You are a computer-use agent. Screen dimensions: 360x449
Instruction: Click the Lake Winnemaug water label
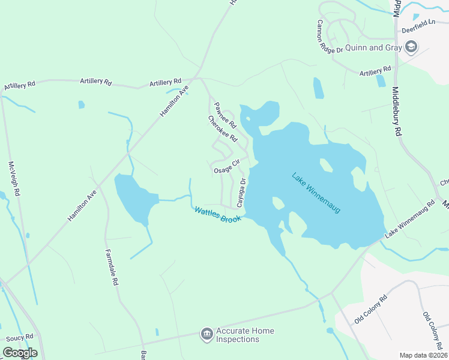click(x=316, y=193)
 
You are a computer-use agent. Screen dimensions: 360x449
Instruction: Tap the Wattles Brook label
click(x=217, y=214)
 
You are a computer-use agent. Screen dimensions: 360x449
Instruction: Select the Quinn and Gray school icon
click(x=411, y=47)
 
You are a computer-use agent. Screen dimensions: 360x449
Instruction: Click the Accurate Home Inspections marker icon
click(x=207, y=334)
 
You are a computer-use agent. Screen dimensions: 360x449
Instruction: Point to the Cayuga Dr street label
click(x=241, y=193)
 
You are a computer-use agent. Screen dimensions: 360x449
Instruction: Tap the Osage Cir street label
click(x=227, y=167)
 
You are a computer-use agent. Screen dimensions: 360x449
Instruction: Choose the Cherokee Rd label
click(x=223, y=128)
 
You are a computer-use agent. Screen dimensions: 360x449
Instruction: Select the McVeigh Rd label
click(x=14, y=179)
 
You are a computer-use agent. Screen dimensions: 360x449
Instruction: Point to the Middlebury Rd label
click(x=397, y=111)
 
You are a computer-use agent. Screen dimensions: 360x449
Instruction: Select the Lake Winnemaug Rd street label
click(x=410, y=220)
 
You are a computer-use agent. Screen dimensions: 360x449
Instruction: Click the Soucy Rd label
click(x=20, y=339)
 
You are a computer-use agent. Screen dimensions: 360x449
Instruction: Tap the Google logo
click(x=20, y=353)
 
